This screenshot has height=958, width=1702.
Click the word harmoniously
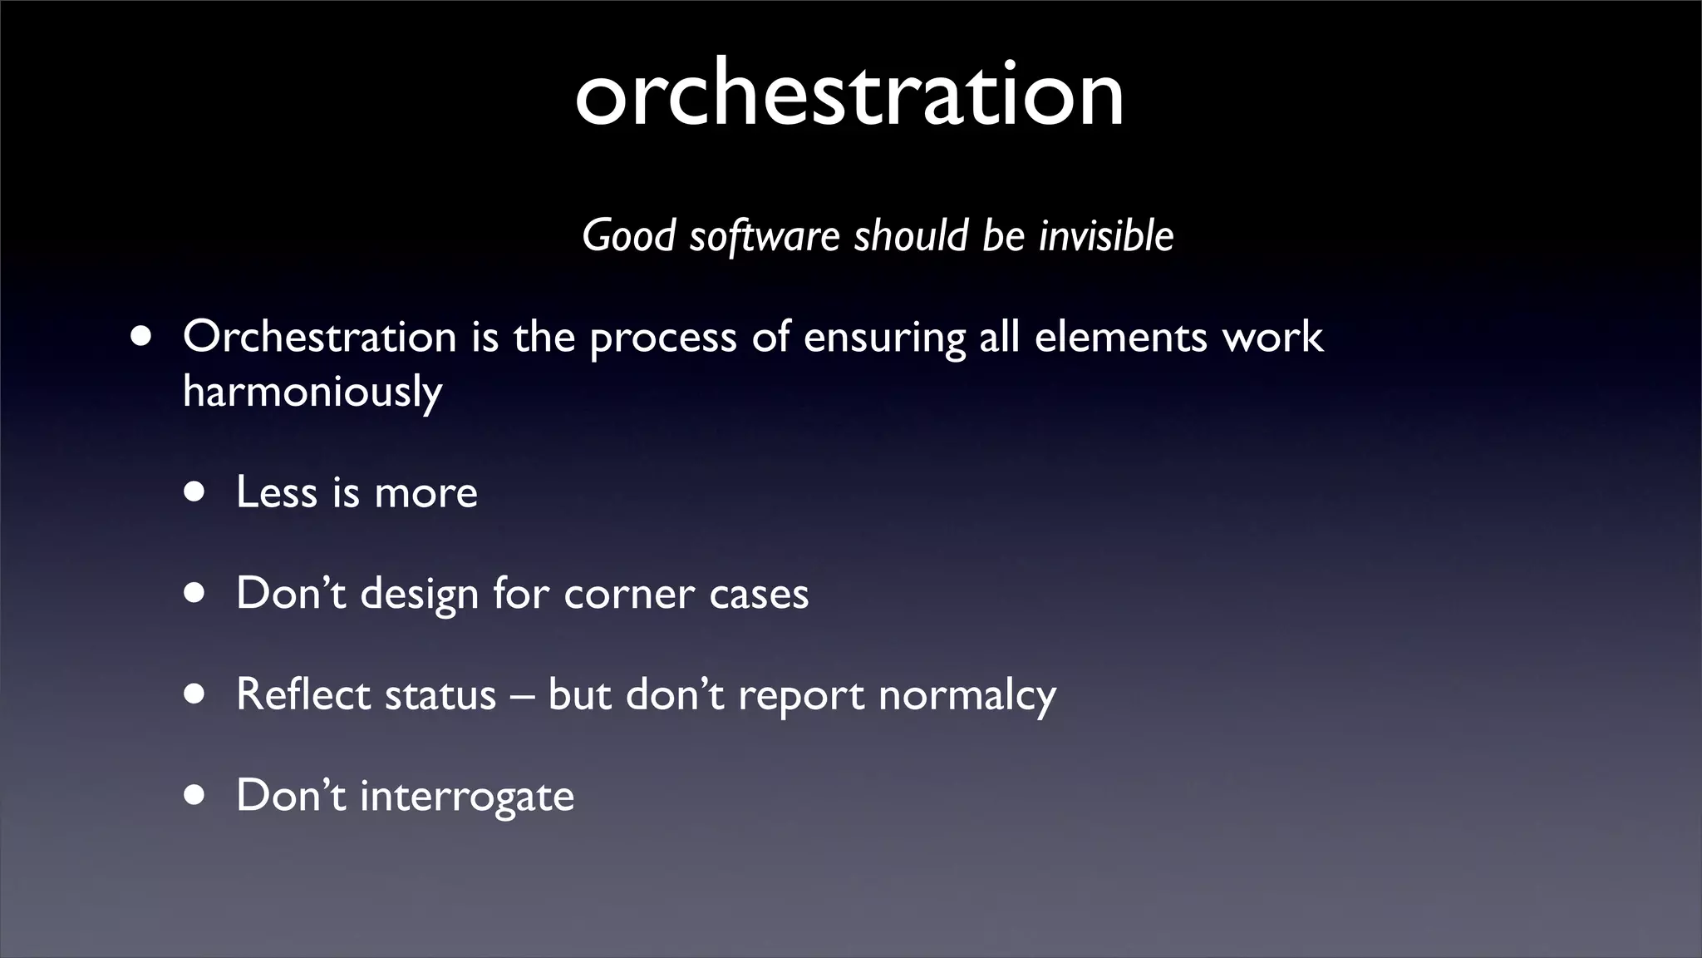tap(312, 392)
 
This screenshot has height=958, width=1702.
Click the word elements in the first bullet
tap(1120, 338)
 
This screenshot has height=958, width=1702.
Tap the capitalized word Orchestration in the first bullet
tap(320, 338)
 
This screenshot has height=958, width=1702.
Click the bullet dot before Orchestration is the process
tap(141, 338)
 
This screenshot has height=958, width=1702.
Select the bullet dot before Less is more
tap(194, 492)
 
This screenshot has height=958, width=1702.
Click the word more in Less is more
tap(426, 493)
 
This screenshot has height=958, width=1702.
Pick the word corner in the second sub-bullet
tap(629, 595)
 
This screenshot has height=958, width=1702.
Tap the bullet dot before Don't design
tap(194, 594)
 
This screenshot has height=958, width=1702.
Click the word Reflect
tap(303, 694)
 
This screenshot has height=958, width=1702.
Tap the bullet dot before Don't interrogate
tap(194, 795)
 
